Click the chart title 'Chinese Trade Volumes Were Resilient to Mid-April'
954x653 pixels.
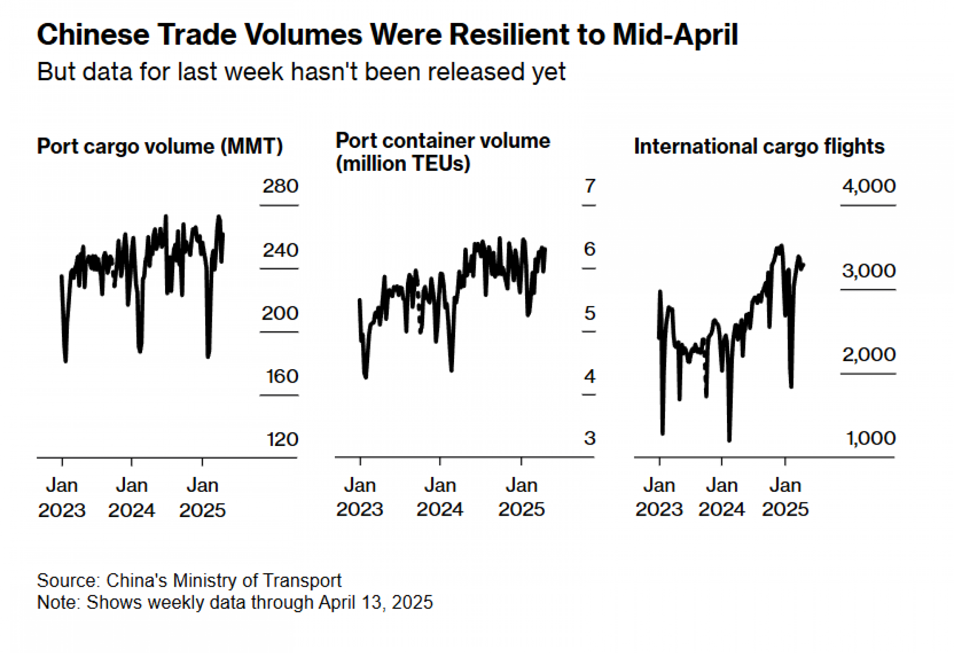387,35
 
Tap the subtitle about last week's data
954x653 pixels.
301,72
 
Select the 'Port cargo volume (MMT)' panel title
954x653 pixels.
160,146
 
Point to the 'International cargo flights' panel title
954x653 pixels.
759,146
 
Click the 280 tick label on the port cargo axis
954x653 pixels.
280,186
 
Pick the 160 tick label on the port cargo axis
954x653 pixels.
282,376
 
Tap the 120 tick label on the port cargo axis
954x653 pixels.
282,439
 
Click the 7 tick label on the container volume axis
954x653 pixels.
590,186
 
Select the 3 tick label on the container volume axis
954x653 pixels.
590,438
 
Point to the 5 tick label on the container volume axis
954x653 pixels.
590,313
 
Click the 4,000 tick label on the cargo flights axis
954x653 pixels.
869,186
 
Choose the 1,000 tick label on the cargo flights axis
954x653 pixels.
871,438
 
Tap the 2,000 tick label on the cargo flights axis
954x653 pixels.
869,354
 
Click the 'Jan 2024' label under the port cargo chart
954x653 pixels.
132,498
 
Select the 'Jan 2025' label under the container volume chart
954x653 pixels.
521,497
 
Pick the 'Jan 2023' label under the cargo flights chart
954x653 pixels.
659,497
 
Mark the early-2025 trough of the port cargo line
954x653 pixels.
208,355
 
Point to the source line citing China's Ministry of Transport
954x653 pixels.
189,580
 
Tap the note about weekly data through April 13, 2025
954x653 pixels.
235,602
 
